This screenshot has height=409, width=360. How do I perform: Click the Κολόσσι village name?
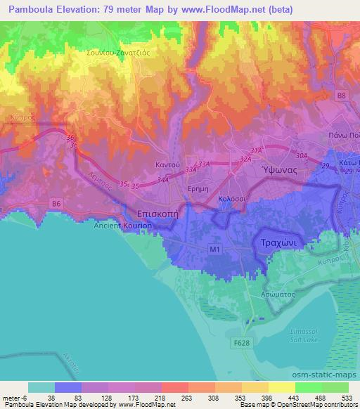(x=231, y=200)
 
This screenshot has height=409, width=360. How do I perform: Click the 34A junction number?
(x=164, y=180)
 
